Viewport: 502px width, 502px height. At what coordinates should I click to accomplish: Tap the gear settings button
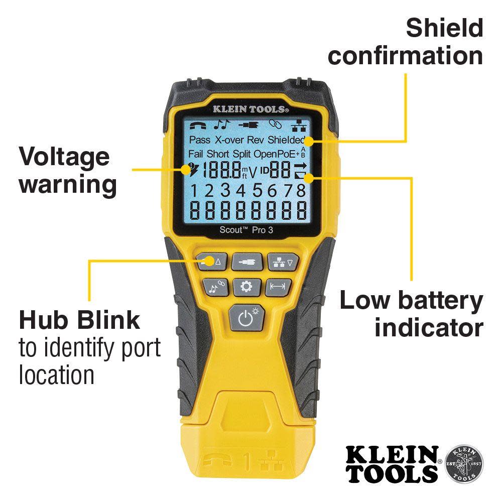pos(245,287)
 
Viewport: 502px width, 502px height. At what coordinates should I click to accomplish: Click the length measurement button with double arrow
pos(277,287)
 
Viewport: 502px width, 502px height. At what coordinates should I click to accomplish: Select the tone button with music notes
pos(214,287)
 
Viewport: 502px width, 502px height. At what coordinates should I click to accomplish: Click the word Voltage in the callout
pos(64,157)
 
